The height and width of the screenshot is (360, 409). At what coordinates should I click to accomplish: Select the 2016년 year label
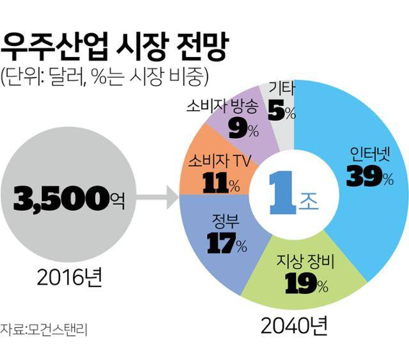pos(68,279)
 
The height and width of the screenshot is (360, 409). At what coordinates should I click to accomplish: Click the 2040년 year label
pos(294,327)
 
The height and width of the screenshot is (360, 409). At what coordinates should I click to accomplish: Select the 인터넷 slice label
pos(370,154)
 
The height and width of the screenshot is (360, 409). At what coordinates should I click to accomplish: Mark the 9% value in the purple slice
pos(243,130)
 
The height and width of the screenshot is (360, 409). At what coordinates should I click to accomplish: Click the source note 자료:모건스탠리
pos(43,331)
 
